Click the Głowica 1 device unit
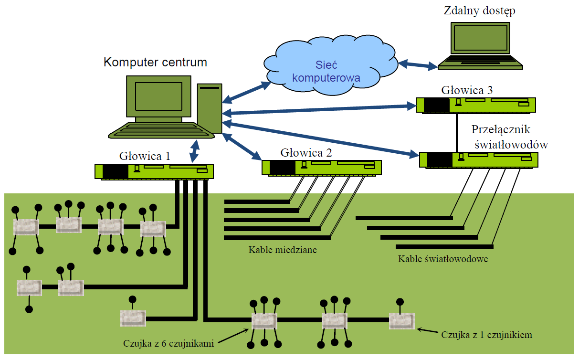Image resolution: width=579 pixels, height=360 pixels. pos(154,171)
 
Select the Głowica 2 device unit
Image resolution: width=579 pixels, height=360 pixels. pos(321,167)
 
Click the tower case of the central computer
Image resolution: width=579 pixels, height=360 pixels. pos(210,108)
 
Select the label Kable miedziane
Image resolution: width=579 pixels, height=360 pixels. pos(283,250)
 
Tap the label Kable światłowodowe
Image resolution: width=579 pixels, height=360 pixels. pos(442,260)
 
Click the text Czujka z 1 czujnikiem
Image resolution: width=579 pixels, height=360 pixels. pos(486,335)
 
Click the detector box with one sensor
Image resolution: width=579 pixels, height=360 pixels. pos(402,321)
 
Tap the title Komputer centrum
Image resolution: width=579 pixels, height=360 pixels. pos(156,63)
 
